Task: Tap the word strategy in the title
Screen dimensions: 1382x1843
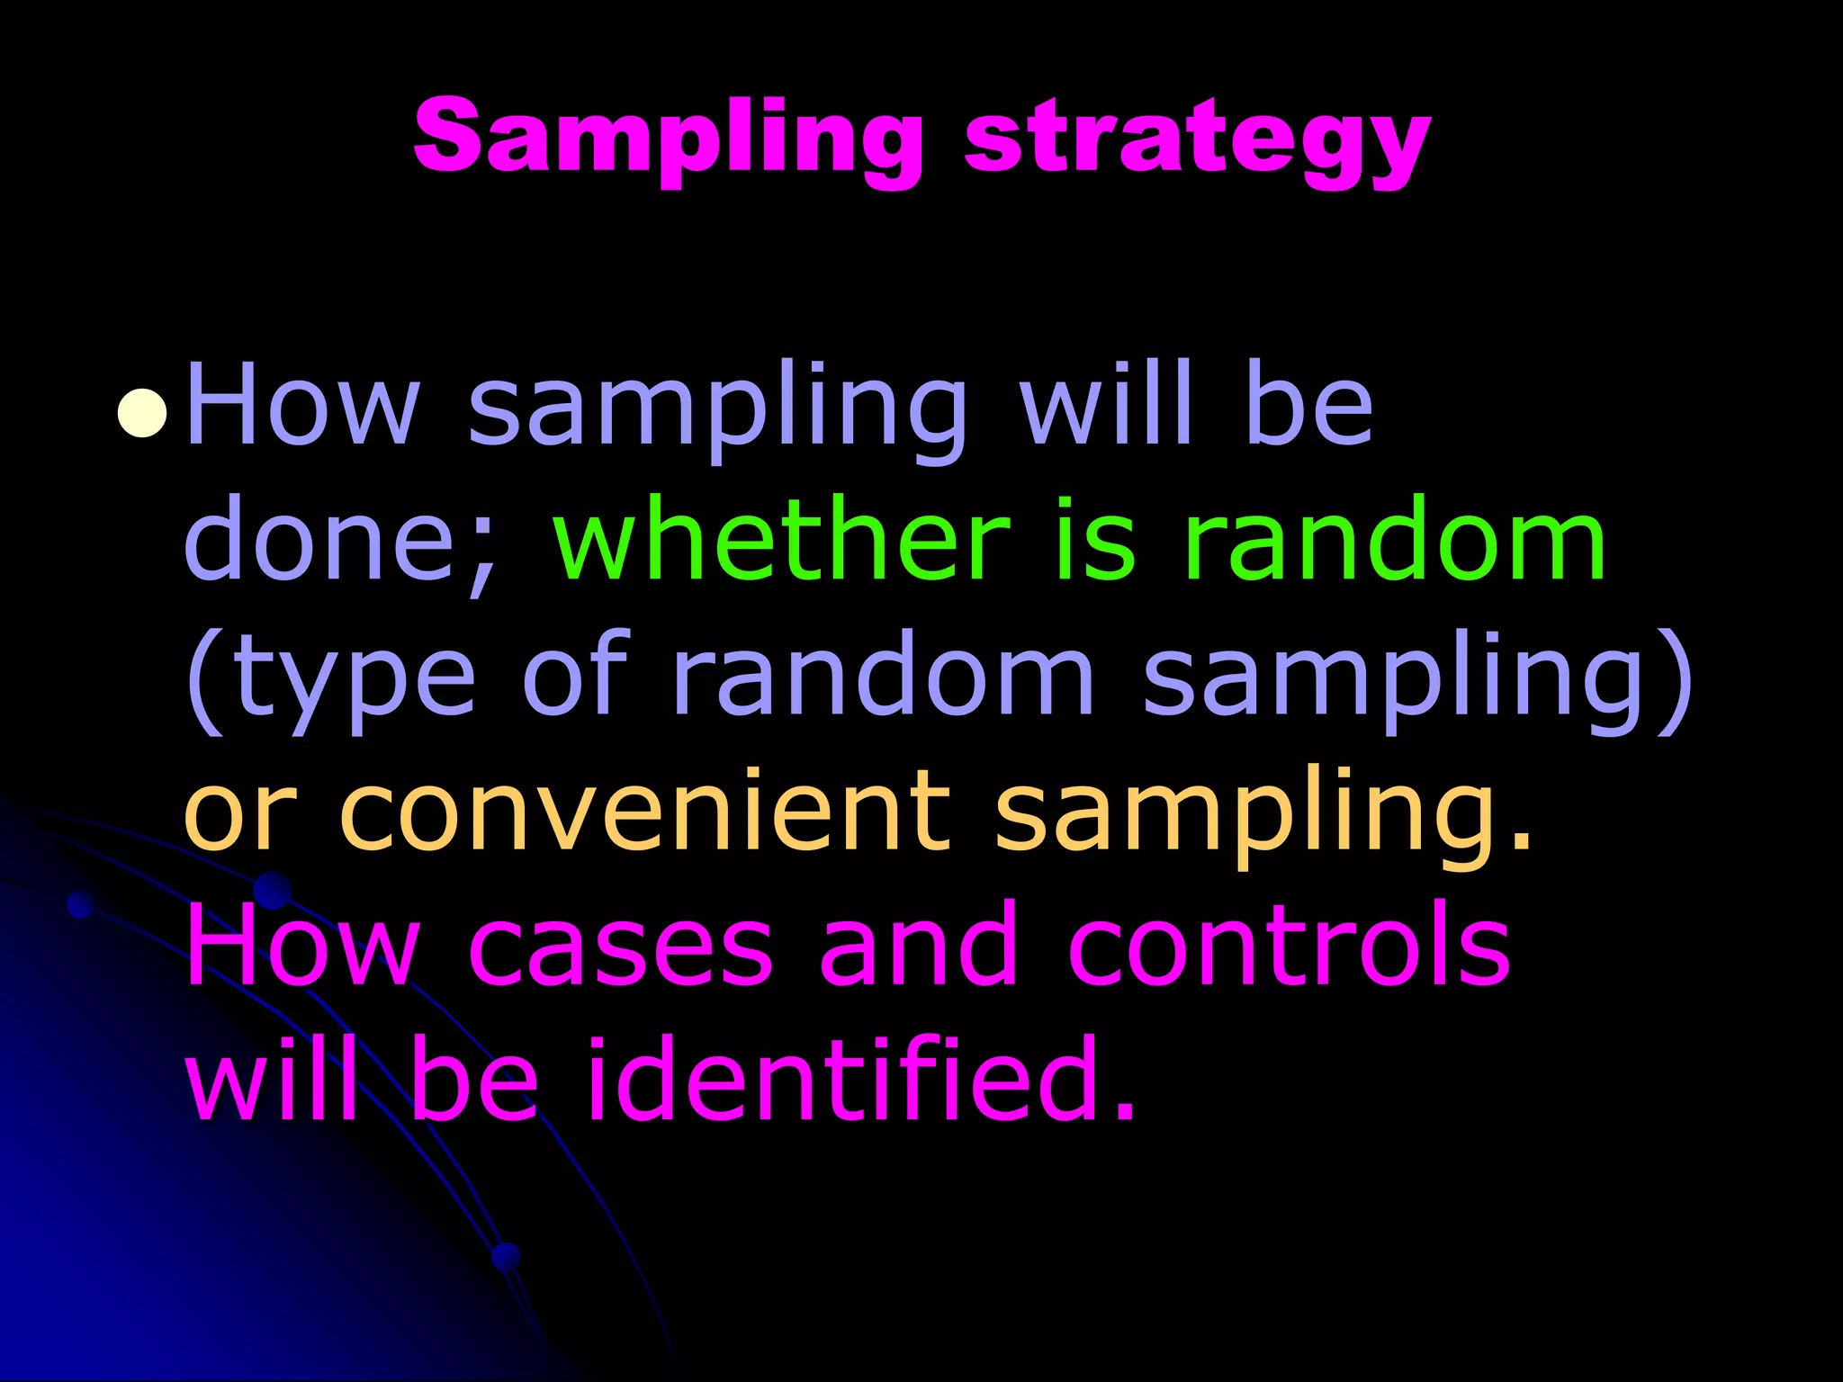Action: (1197, 141)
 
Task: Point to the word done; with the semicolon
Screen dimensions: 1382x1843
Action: (342, 541)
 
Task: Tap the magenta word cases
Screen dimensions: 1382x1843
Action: (621, 947)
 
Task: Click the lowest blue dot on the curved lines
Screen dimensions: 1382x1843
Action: (507, 1256)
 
